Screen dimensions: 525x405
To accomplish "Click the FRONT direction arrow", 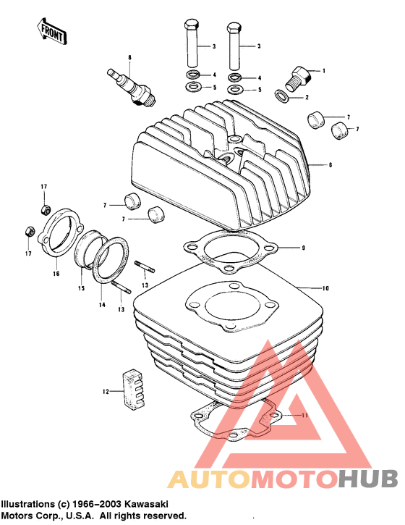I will click(50, 32).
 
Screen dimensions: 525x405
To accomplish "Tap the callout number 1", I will click(325, 71).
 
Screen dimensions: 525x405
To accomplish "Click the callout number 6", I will click(330, 166).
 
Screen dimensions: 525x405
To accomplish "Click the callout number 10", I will click(325, 289).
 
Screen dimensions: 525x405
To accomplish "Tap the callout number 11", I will click(304, 416).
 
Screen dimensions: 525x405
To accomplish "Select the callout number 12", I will click(105, 392).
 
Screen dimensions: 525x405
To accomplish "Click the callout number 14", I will click(102, 306).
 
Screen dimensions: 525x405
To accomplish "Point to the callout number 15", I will click(82, 289).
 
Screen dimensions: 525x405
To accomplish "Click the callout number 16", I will click(55, 274).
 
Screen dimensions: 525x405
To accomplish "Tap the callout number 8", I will click(129, 56).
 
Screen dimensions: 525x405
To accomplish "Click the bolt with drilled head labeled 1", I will click(299, 75).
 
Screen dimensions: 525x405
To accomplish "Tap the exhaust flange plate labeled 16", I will click(59, 232).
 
